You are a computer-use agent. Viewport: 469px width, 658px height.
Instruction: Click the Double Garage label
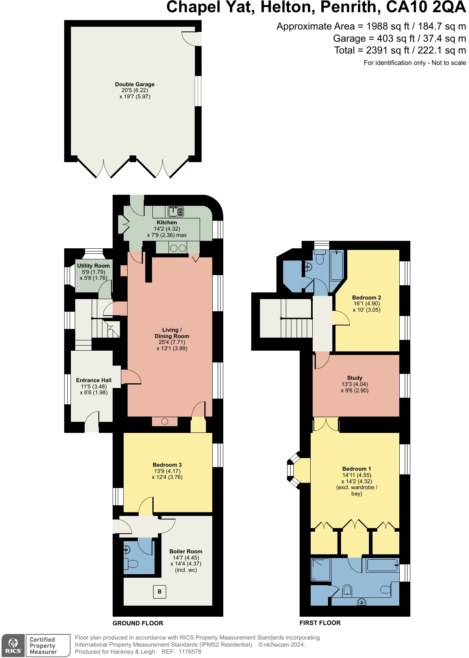pyautogui.click(x=135, y=84)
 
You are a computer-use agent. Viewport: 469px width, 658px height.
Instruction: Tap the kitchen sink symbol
pyautogui.click(x=176, y=211)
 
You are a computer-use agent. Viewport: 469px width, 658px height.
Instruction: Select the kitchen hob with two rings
pyautogui.click(x=178, y=248)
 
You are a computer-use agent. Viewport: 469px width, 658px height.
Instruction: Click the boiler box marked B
pyautogui.click(x=159, y=591)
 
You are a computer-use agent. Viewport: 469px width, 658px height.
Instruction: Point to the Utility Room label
pyautogui.click(x=93, y=266)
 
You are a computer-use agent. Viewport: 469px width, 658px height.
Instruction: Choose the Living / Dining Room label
pyautogui.click(x=172, y=333)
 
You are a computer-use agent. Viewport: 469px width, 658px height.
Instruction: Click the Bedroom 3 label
pyautogui.click(x=167, y=465)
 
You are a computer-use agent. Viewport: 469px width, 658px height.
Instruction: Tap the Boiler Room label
pyautogui.click(x=186, y=551)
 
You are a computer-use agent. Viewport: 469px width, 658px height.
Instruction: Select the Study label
pyautogui.click(x=354, y=378)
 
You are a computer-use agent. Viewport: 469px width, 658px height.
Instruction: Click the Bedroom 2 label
pyautogui.click(x=367, y=297)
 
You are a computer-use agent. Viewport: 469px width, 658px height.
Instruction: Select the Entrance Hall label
pyautogui.click(x=94, y=380)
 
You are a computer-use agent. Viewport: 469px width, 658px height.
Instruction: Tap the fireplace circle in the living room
pyautogui.click(x=165, y=421)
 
